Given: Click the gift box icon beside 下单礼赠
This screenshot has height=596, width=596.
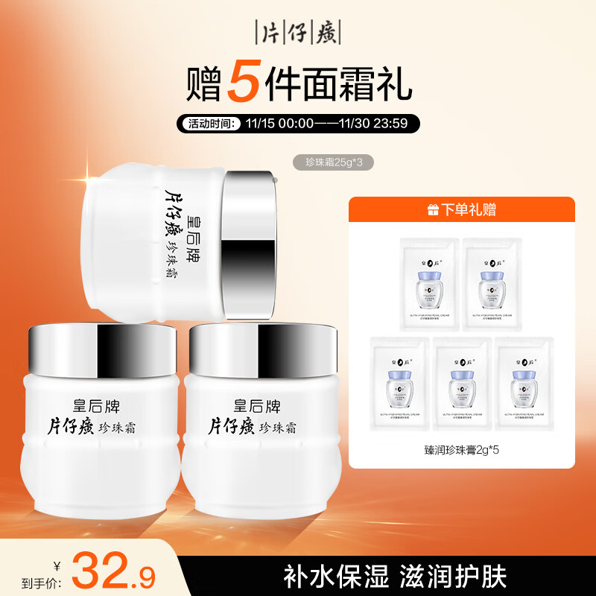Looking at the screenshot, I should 434,210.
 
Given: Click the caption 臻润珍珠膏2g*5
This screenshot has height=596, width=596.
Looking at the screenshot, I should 463,450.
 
